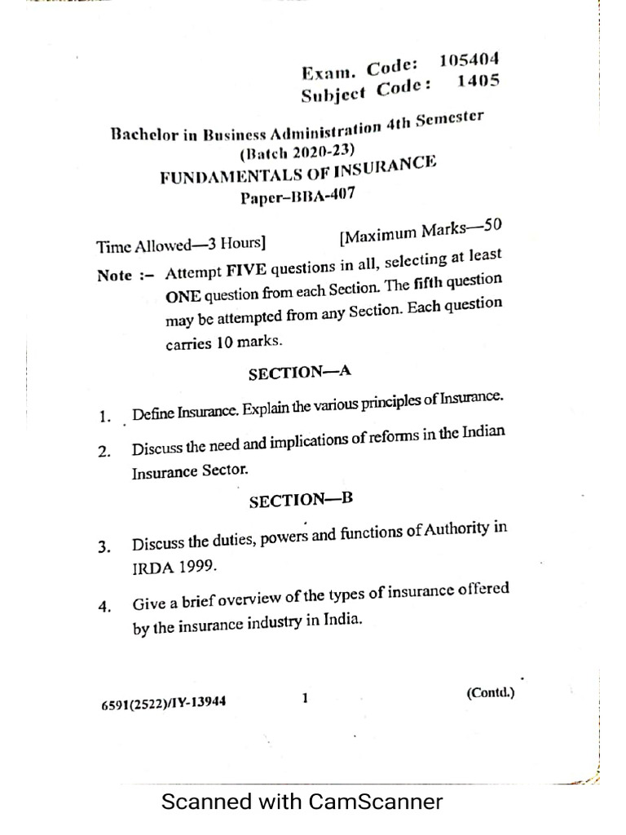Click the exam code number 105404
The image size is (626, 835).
pyautogui.click(x=469, y=60)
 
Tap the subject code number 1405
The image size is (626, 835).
pyautogui.click(x=478, y=81)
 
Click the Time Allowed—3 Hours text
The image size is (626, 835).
pyautogui.click(x=181, y=245)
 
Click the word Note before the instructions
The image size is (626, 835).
pyautogui.click(x=115, y=275)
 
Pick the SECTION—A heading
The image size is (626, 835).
pyautogui.click(x=299, y=373)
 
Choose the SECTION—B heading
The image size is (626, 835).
pyautogui.click(x=301, y=500)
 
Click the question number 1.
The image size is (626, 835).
pyautogui.click(x=104, y=417)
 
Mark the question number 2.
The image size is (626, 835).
pyautogui.click(x=104, y=452)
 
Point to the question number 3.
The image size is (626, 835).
pyautogui.click(x=104, y=547)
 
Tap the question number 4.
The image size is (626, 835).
pyautogui.click(x=104, y=607)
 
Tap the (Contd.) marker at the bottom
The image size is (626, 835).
pyautogui.click(x=491, y=693)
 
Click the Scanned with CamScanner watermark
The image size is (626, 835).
pyautogui.click(x=302, y=802)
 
